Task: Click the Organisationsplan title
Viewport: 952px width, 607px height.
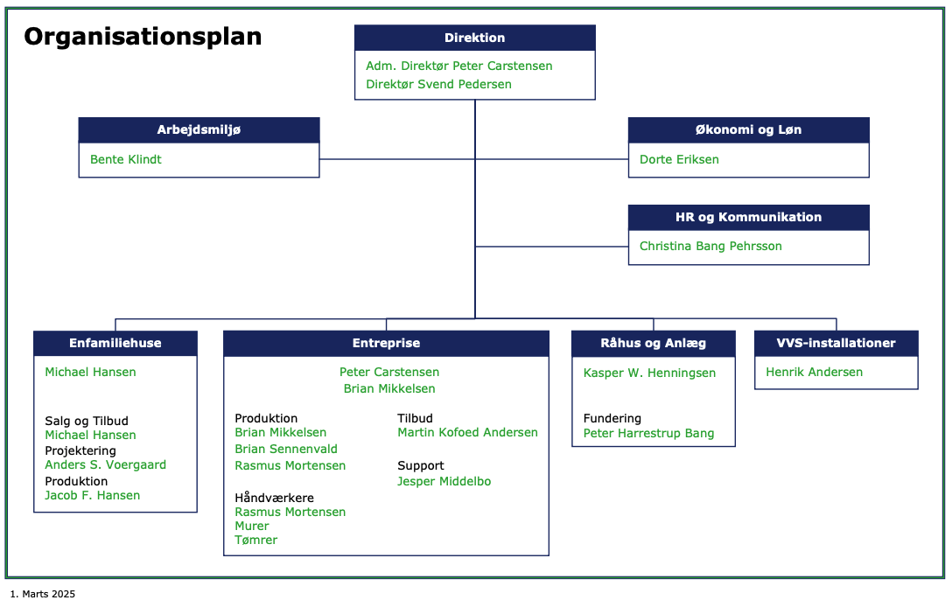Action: pyautogui.click(x=143, y=37)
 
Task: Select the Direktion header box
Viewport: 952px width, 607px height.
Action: pyautogui.click(x=475, y=38)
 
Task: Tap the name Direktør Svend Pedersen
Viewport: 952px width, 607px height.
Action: pyautogui.click(x=438, y=84)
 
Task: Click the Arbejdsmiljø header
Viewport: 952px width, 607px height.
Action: pyautogui.click(x=199, y=130)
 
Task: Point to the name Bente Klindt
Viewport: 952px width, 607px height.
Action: pyautogui.click(x=126, y=160)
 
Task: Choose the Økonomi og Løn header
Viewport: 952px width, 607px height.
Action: pyautogui.click(x=749, y=130)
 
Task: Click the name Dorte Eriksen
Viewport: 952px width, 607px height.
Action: pyautogui.click(x=679, y=160)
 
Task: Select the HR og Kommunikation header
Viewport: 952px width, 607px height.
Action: pyautogui.click(x=749, y=217)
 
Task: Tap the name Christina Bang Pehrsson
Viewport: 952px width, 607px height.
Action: pyautogui.click(x=710, y=247)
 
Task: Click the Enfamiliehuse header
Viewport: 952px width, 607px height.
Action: pyautogui.click(x=115, y=343)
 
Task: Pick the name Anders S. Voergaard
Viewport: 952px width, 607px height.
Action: pyautogui.click(x=106, y=465)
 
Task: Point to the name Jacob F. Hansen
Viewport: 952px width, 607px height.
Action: pyautogui.click(x=92, y=495)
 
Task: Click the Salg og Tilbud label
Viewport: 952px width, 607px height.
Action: pyautogui.click(x=87, y=421)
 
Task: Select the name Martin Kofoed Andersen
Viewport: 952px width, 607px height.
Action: pyautogui.click(x=467, y=432)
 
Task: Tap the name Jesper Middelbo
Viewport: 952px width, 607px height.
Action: pyautogui.click(x=444, y=481)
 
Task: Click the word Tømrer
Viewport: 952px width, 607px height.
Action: pyautogui.click(x=256, y=541)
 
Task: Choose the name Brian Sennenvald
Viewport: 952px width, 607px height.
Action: pyautogui.click(x=286, y=450)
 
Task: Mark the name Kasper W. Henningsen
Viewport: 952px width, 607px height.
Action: pyautogui.click(x=649, y=373)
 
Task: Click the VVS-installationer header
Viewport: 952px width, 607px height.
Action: pyautogui.click(x=836, y=343)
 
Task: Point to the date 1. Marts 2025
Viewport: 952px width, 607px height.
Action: pyautogui.click(x=43, y=594)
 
